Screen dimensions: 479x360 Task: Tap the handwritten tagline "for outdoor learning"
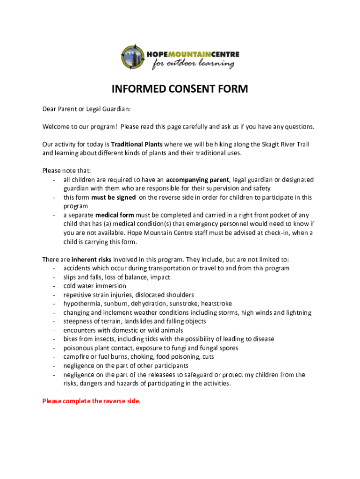click(193, 64)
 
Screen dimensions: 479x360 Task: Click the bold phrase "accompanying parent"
click(197, 180)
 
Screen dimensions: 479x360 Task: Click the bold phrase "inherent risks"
click(91, 259)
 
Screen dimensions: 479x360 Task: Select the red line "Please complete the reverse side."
click(91, 401)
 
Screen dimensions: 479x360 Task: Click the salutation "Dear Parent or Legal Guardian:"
click(86, 109)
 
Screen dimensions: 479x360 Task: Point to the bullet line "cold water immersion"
click(95, 286)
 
